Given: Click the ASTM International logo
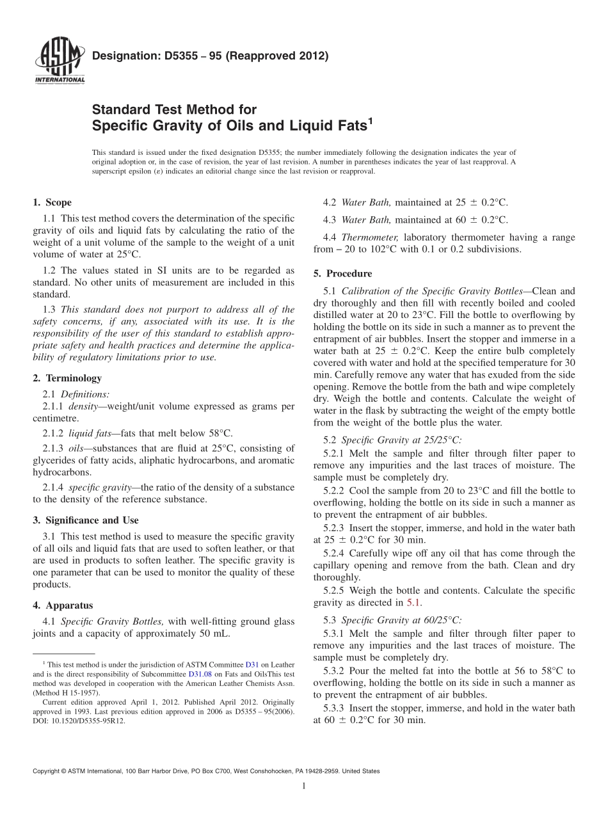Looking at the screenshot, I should [x=59, y=63].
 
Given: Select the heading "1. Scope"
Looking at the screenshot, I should [x=52, y=203].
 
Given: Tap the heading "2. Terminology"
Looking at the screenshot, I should [x=67, y=378].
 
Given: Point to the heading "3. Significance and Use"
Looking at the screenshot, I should [x=85, y=520].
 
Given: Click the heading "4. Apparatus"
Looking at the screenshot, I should [x=62, y=605].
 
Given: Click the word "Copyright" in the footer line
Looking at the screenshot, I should [x=47, y=771].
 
